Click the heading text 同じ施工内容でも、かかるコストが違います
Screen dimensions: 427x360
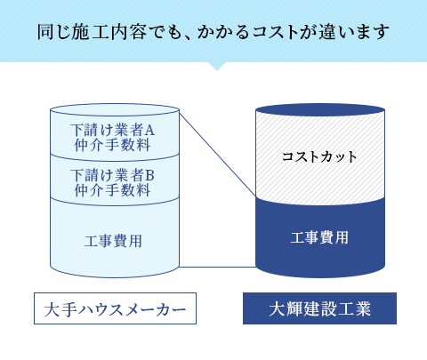tap(213, 32)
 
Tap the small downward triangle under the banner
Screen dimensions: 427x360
tap(217, 66)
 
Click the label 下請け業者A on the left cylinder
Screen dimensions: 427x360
tap(112, 130)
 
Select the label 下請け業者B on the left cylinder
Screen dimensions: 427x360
tap(112, 175)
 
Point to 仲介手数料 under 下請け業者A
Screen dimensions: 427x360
tap(112, 145)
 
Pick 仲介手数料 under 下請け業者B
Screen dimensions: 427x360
tap(112, 190)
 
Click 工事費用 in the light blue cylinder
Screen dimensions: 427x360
tap(113, 241)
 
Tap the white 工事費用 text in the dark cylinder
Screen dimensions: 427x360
tap(319, 238)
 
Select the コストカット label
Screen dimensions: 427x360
tap(319, 156)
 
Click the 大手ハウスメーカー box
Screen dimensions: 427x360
tap(115, 308)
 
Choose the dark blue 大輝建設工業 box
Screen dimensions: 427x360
tap(319, 308)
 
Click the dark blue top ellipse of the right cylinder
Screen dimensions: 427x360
tap(320, 109)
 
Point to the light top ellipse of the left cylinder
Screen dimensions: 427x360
tap(115, 109)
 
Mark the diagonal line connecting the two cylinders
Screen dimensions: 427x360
tap(218, 153)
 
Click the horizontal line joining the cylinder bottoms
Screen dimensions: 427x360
tap(218, 267)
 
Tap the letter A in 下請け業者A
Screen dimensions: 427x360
tap(149, 130)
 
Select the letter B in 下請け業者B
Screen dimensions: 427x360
tap(149, 175)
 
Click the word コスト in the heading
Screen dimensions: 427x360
tap(275, 32)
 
